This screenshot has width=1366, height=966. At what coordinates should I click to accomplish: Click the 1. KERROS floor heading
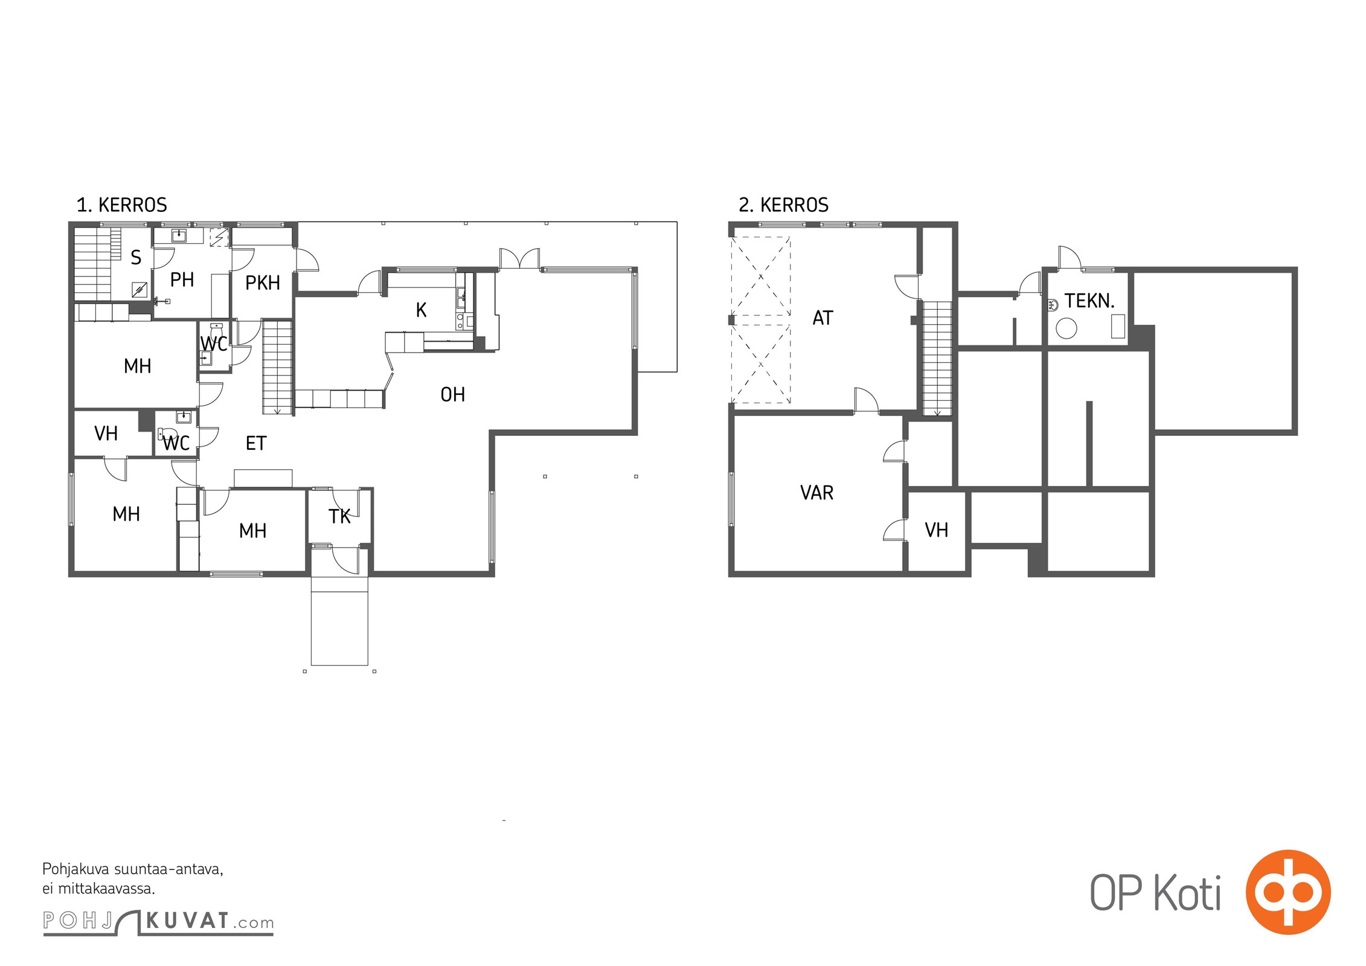point(121,205)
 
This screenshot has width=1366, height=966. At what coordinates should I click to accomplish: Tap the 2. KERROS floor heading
point(783,205)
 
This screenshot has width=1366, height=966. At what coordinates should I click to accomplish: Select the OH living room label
point(453,395)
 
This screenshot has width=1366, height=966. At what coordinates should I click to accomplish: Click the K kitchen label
point(422,310)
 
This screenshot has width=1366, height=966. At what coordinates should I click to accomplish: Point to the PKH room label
point(263,283)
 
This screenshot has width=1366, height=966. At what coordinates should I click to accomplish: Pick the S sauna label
point(136,258)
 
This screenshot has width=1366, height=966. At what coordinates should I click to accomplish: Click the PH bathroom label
point(182,280)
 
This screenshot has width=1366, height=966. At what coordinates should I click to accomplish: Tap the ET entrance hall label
point(256,444)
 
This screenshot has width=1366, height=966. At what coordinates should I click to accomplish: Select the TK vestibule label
point(339,516)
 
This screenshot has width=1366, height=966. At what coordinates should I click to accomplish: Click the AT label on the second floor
point(822,318)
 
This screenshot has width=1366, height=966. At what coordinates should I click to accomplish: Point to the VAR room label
point(816,493)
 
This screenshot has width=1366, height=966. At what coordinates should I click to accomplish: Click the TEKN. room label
point(1089,301)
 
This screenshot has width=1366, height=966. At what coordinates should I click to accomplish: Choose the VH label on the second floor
point(937,530)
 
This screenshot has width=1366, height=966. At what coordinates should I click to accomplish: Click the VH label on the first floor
point(106,433)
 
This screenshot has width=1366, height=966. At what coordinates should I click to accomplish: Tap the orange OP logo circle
point(1288,892)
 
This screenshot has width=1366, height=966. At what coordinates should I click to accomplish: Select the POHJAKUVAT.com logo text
point(158,922)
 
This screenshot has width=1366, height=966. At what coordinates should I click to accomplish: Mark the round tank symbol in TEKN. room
point(1066,329)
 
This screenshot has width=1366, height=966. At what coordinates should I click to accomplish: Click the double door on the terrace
point(519,258)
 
